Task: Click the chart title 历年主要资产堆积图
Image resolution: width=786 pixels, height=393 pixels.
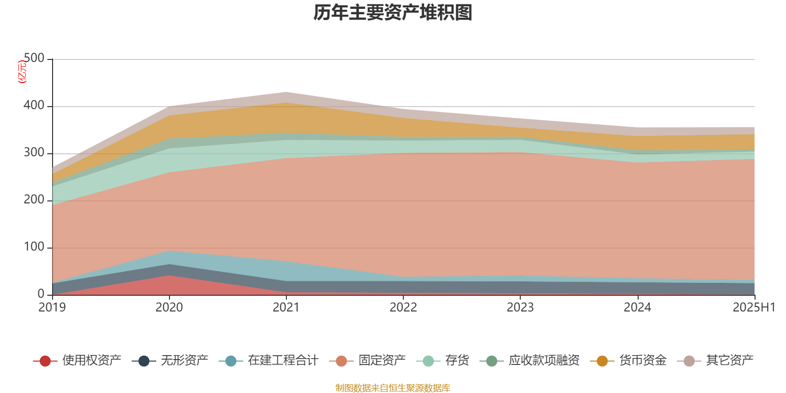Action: click(393, 13)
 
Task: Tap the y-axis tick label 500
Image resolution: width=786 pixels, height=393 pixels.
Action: click(34, 58)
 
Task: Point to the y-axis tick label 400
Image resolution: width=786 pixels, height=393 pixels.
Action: click(34, 106)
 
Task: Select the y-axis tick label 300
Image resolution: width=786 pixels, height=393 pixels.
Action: click(34, 153)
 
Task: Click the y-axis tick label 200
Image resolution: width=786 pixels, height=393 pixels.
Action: click(34, 200)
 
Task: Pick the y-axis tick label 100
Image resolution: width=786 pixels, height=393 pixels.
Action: click(34, 247)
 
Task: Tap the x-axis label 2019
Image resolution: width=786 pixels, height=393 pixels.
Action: click(52, 308)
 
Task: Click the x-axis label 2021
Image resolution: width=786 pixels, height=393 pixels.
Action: click(286, 308)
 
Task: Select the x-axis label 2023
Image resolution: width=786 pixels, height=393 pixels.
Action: click(520, 308)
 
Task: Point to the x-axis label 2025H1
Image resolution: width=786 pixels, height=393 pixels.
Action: click(754, 308)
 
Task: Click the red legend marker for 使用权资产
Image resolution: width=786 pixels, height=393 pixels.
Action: click(45, 361)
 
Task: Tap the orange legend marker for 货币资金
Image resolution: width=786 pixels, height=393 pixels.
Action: click(602, 361)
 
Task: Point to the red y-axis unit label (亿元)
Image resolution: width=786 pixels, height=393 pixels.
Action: click(22, 72)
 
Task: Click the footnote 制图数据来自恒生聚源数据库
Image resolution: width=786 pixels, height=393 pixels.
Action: click(393, 388)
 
